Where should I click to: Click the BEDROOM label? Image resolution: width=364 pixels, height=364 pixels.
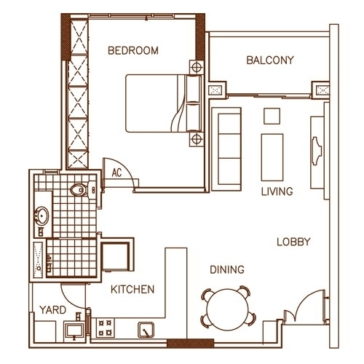click(133, 50)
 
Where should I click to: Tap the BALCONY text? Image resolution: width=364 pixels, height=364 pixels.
click(270, 60)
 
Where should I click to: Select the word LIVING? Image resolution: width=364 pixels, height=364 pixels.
click(277, 191)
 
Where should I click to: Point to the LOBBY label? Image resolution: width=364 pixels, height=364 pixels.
click(293, 242)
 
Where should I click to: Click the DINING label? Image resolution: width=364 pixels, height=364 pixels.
click(227, 269)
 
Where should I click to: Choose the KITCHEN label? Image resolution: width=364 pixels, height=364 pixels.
click(132, 289)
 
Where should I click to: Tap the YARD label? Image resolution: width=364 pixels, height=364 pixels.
click(53, 310)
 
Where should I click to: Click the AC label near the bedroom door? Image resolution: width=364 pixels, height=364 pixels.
click(116, 173)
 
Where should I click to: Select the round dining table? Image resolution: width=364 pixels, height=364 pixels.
click(228, 309)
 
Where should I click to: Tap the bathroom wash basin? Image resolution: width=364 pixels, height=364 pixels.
click(41, 215)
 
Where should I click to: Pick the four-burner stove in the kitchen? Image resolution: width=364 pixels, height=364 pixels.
click(106, 328)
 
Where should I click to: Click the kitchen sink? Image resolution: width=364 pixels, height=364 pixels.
click(146, 330)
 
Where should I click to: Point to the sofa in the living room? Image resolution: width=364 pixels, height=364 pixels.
click(226, 149)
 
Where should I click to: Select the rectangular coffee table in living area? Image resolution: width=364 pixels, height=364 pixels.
click(272, 157)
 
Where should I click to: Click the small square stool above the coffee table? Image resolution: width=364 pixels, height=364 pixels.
click(272, 116)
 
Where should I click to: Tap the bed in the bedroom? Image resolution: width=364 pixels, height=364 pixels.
click(164, 103)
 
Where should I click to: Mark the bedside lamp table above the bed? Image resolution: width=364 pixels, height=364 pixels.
click(197, 66)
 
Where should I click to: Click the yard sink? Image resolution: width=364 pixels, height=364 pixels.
click(75, 331)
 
